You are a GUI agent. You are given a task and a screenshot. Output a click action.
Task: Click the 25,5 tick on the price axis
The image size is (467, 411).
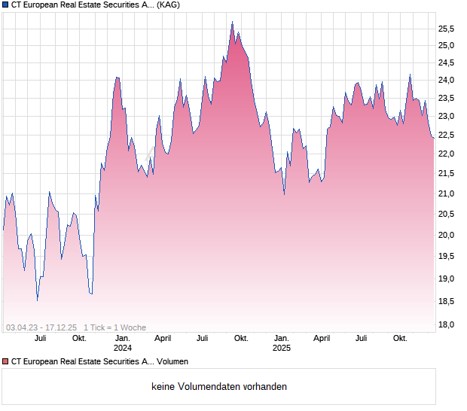click(446, 29)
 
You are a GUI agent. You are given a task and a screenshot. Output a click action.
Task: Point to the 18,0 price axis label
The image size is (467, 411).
click(446, 325)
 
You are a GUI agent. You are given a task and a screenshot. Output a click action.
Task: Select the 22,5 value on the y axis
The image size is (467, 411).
click(446, 135)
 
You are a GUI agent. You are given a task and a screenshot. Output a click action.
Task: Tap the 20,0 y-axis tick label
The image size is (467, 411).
click(446, 235)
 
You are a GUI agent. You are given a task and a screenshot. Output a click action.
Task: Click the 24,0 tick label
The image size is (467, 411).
click(446, 81)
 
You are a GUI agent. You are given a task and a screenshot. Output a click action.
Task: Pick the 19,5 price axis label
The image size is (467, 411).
click(446, 257)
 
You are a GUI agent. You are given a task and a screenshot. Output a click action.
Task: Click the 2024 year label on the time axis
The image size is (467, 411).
click(122, 348)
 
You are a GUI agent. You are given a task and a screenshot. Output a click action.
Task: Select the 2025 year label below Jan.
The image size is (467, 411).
click(281, 348)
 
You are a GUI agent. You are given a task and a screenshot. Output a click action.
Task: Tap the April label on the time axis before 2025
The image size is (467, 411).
click(163, 339)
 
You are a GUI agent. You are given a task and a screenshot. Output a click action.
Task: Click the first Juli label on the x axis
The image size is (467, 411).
click(41, 339)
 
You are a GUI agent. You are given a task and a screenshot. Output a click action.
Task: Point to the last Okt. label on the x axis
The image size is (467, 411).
click(400, 339)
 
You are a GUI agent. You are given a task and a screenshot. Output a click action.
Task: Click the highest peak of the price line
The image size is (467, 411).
click(232, 23)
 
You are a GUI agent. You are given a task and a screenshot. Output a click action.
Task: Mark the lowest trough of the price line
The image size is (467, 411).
click(37, 300)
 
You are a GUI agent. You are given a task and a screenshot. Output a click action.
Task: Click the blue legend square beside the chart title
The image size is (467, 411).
click(5, 5)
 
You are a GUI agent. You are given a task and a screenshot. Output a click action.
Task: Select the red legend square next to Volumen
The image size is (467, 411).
click(5, 362)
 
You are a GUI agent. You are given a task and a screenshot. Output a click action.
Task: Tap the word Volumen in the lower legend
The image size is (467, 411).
click(171, 362)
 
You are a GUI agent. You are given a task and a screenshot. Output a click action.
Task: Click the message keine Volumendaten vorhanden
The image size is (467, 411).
click(219, 387)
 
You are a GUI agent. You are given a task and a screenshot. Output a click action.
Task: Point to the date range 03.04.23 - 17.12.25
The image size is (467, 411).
click(41, 327)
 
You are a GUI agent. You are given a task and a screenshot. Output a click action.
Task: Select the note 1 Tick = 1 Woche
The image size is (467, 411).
click(115, 327)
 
